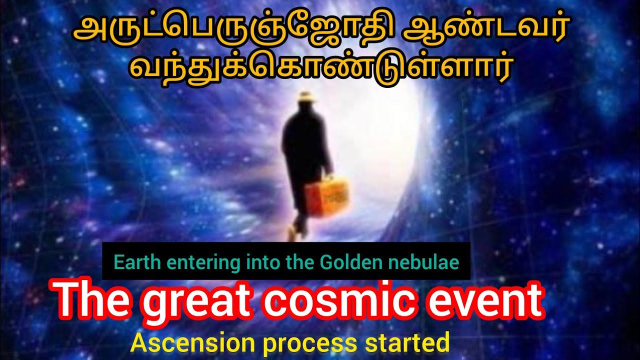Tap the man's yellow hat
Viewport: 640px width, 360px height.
pos(307,97)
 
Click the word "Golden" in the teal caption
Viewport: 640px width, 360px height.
pos(348,262)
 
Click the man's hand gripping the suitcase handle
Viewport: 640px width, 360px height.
pos(328,177)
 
